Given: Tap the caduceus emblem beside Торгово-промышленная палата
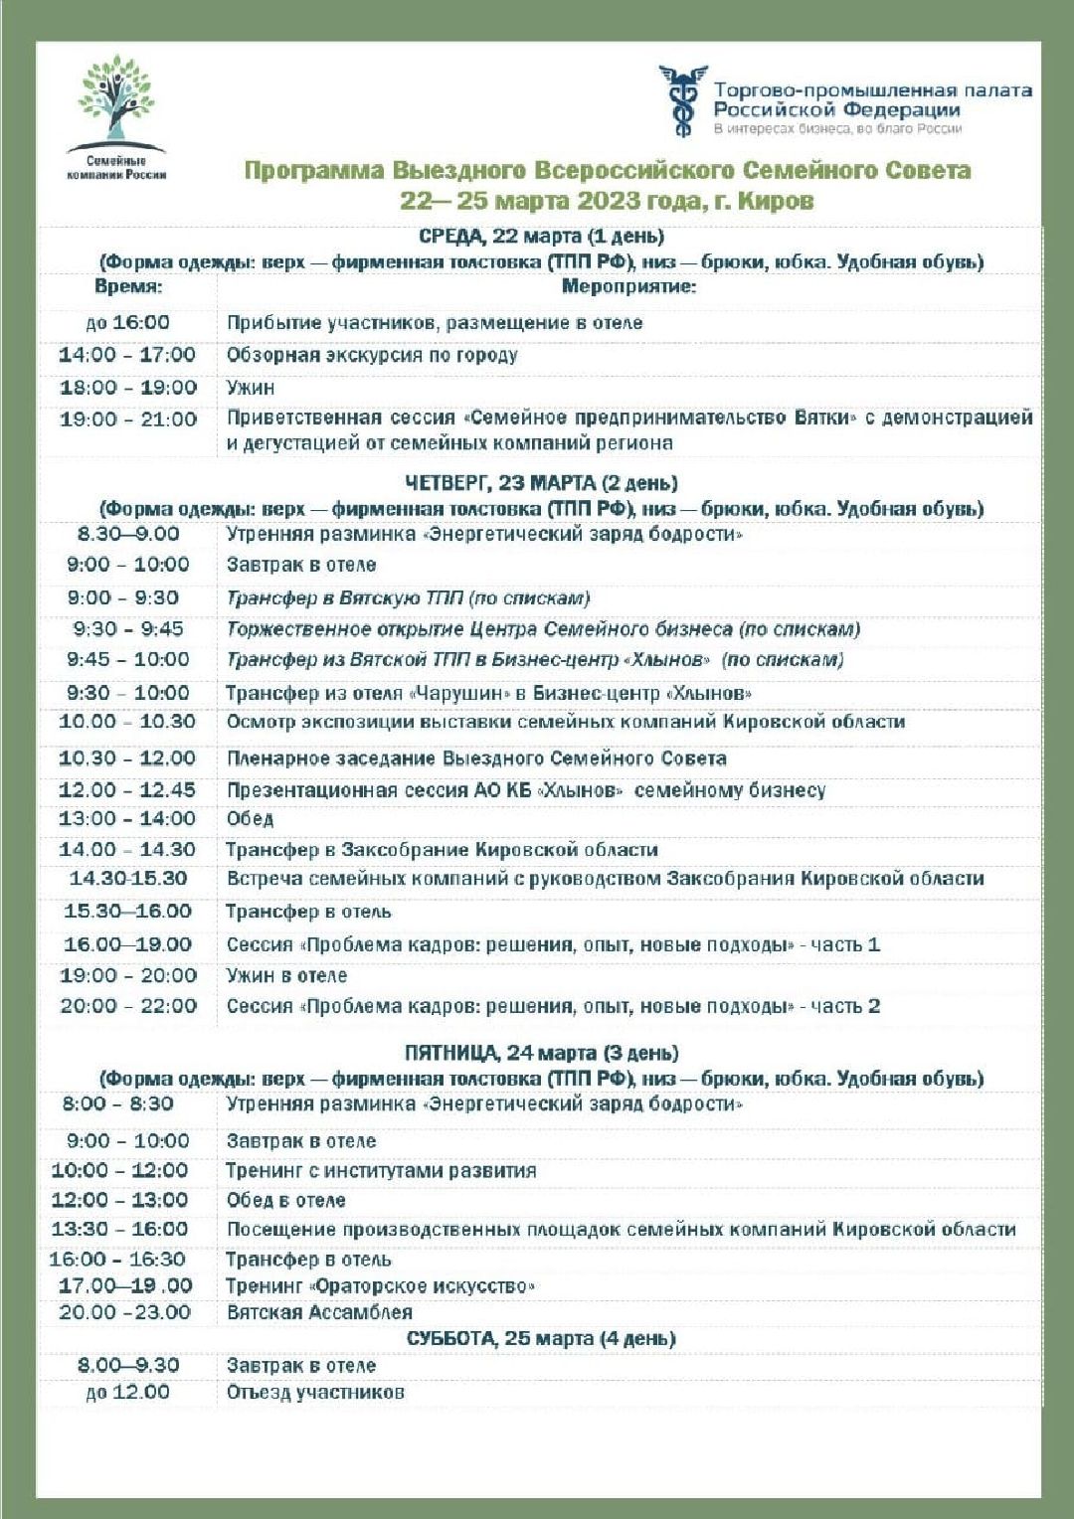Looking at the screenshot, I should click(682, 100).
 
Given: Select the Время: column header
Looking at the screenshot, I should click(128, 287).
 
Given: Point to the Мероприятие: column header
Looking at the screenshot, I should click(628, 287).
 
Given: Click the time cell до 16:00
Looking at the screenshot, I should click(127, 323).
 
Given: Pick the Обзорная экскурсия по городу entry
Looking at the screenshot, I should click(372, 355).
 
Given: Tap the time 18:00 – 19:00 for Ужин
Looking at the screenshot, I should click(127, 388).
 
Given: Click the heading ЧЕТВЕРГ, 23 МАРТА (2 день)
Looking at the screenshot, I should click(541, 483).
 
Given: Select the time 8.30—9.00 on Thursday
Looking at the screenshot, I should click(127, 534).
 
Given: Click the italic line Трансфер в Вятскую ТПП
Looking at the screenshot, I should click(408, 598).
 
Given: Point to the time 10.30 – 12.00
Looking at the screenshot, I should click(127, 759).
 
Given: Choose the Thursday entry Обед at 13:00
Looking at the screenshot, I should click(250, 819).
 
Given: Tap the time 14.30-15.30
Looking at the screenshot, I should click(127, 879).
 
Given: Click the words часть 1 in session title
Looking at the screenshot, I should click(845, 944).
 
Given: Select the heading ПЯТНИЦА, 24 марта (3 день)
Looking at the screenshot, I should click(541, 1053).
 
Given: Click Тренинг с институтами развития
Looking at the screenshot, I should click(381, 1171).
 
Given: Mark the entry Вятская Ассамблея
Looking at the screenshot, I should click(319, 1312).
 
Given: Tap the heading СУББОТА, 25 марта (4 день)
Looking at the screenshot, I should click(541, 1338).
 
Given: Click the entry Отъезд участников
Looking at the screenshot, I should click(315, 1392).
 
